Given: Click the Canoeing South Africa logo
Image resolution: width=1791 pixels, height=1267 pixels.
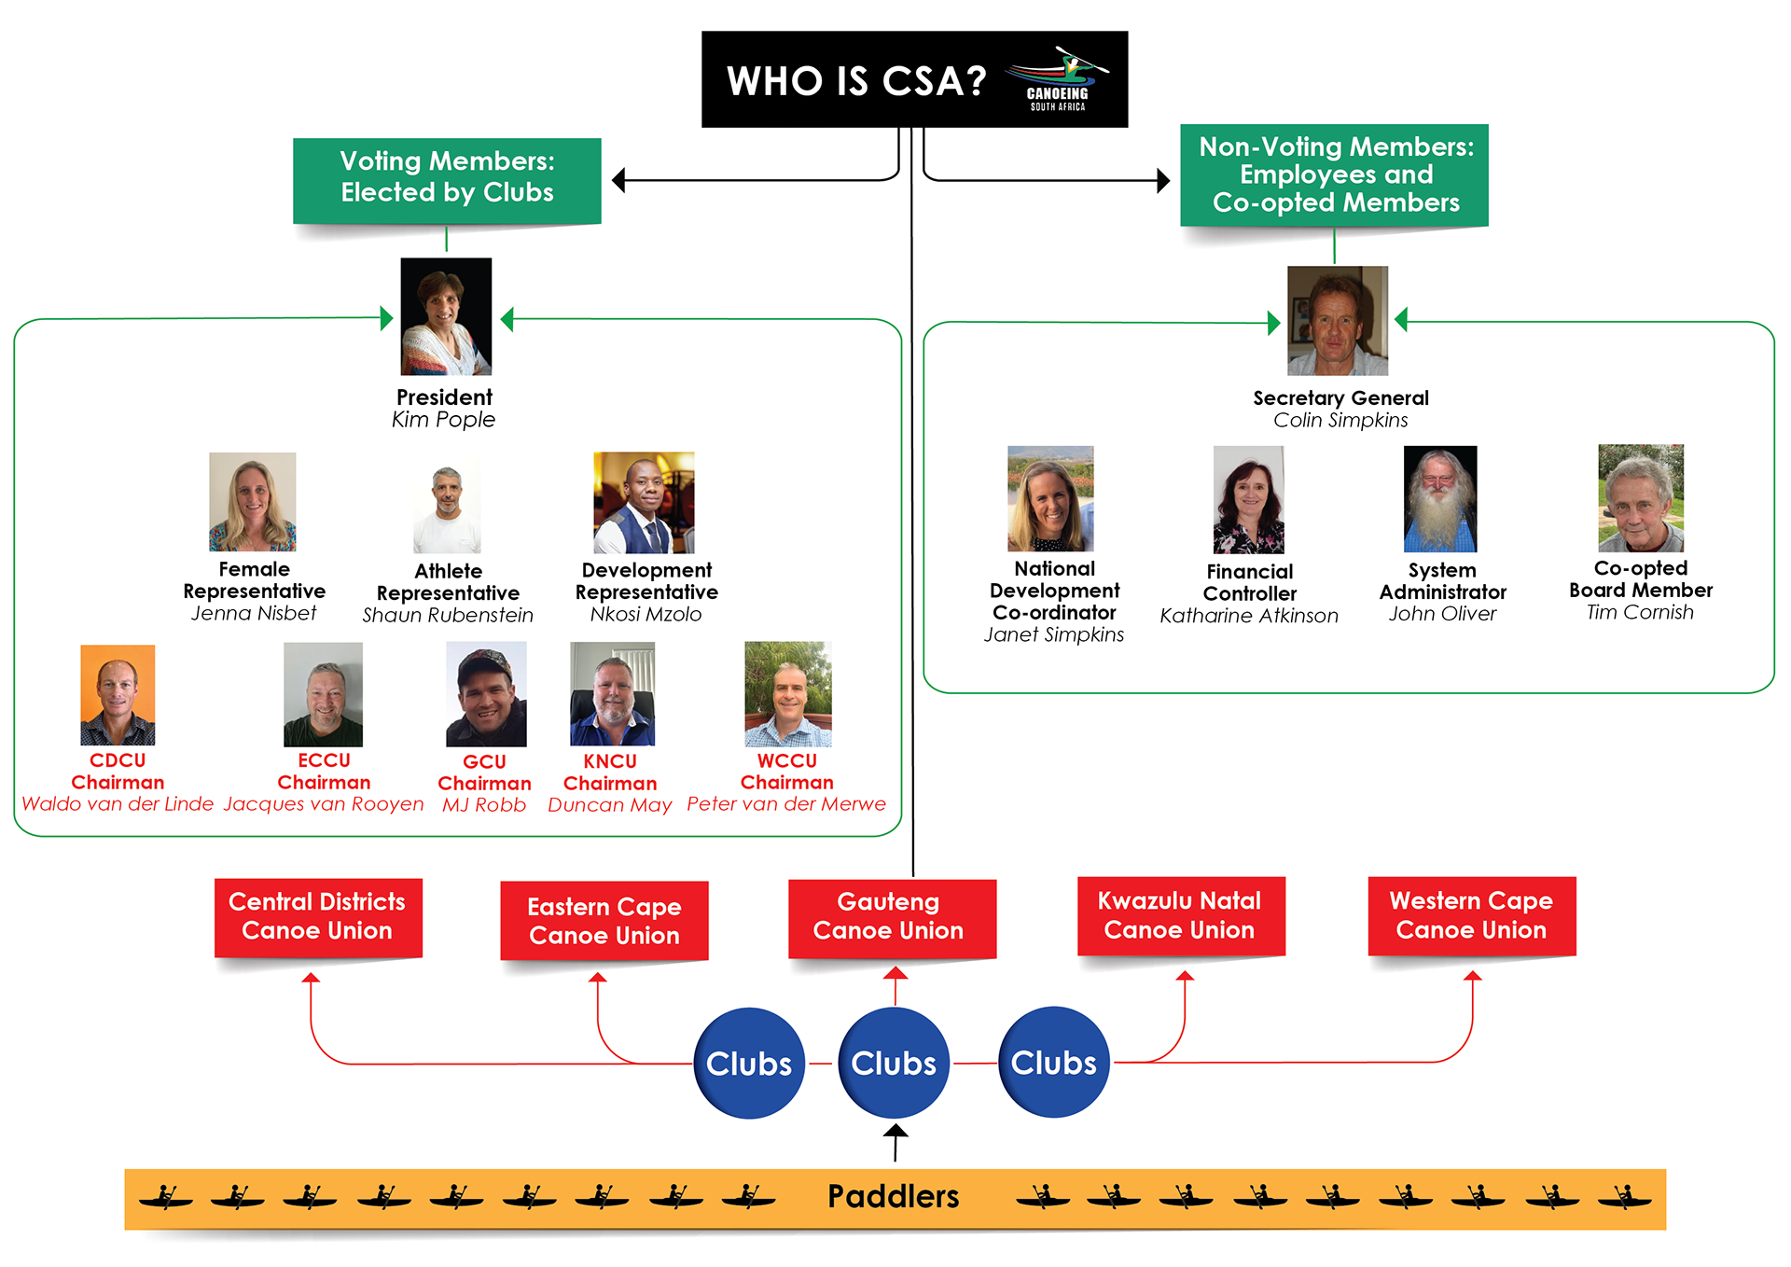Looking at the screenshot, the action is tap(1058, 79).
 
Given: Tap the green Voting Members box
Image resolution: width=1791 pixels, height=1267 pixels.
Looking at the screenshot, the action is tap(447, 180).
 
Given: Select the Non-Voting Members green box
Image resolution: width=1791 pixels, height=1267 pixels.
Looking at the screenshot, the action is tap(1335, 175).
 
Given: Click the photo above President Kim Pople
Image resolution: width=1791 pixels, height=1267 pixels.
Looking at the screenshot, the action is tap(446, 316).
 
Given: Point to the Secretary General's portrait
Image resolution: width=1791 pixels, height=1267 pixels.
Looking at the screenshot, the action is tap(1338, 320).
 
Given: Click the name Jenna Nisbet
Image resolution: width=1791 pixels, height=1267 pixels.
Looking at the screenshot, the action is tap(254, 613).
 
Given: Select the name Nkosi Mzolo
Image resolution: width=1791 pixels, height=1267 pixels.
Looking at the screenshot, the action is tap(646, 614).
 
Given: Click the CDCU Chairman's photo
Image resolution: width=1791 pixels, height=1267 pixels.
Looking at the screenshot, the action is tap(118, 695).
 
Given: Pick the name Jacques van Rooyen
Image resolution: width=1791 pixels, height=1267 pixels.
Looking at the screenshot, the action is tap(324, 804).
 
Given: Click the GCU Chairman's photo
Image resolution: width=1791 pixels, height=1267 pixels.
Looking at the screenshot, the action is tap(486, 694).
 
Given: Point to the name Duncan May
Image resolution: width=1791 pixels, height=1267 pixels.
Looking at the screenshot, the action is tap(610, 805).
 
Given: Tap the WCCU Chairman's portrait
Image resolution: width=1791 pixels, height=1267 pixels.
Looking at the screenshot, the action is tap(788, 694).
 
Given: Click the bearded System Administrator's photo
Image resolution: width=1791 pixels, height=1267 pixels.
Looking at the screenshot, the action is tap(1440, 499).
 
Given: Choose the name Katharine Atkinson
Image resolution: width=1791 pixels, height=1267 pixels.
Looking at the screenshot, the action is tap(1249, 616).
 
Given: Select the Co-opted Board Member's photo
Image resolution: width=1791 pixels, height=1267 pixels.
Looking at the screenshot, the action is tap(1641, 498).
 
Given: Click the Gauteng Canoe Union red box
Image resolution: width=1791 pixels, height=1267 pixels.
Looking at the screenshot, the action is tap(893, 918).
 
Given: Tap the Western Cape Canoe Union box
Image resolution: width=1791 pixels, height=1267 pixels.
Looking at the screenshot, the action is tap(1472, 916).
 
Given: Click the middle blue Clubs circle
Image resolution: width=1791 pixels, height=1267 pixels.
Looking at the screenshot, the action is tap(894, 1063).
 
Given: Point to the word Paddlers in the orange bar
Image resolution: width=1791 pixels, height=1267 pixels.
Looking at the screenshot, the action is tap(894, 1196).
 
